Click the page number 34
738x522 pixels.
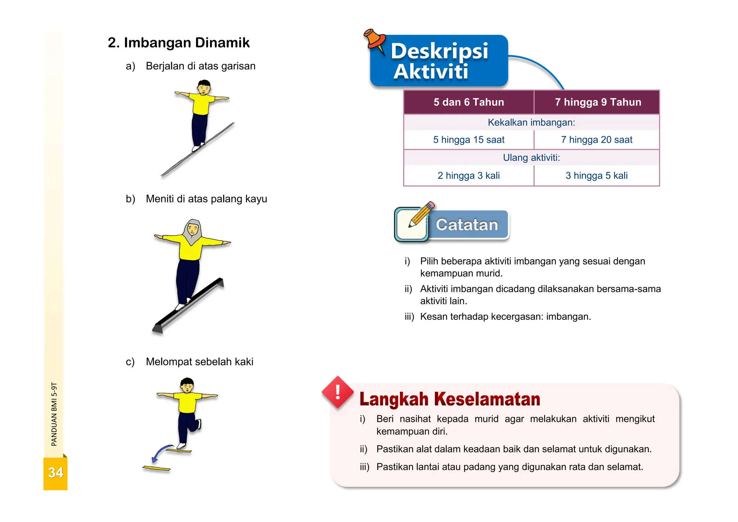55,473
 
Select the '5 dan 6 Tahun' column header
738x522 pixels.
468,102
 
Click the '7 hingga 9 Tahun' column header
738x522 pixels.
598,102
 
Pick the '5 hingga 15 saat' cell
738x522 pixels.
468,140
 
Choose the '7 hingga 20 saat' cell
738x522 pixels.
596,140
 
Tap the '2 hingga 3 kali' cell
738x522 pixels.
468,176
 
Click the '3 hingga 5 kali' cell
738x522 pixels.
596,176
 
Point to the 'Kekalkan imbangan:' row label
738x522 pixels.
531,123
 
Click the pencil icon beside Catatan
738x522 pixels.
421,215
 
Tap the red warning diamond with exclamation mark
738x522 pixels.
338,392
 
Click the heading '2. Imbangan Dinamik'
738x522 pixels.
178,43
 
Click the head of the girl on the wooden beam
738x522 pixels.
193,229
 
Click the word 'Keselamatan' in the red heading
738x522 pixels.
487,399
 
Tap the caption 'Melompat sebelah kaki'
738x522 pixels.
199,362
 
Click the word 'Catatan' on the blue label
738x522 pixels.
467,225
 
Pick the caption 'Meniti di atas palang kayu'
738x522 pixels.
206,199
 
